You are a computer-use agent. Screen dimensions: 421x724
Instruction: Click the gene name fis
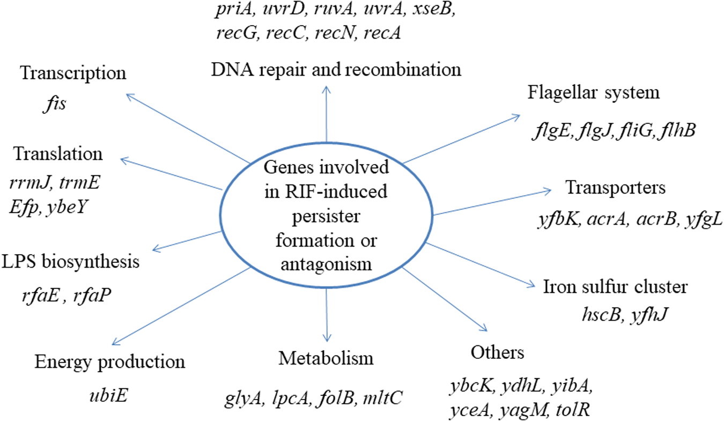click(x=54, y=103)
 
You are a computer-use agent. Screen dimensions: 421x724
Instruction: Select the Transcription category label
click(x=73, y=73)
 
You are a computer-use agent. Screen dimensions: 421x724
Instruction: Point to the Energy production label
click(x=110, y=361)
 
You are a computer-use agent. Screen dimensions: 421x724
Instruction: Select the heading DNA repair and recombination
click(x=336, y=69)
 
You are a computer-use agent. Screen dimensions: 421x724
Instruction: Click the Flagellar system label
click(x=593, y=93)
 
